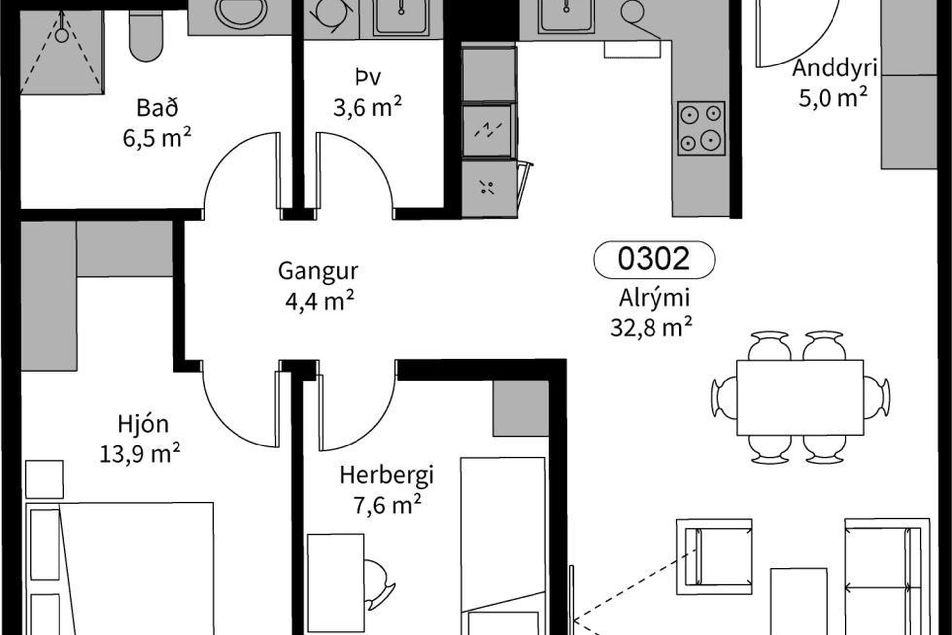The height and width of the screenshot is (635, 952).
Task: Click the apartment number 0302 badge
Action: [x=654, y=259]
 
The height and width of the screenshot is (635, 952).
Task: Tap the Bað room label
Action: [x=157, y=108]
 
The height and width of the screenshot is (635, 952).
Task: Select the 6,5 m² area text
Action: [x=157, y=137]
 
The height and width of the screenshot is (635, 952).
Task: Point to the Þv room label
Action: [x=368, y=78]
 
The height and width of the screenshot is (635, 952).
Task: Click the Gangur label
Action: [x=318, y=271]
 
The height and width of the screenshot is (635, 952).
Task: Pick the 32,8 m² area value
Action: [x=651, y=327]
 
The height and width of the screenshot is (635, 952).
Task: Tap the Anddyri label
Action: [x=835, y=68]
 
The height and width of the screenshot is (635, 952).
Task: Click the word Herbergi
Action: [x=387, y=475]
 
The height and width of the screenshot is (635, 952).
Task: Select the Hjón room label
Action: [x=143, y=424]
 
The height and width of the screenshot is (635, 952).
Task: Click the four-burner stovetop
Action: [x=702, y=128]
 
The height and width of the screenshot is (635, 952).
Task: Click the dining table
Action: [x=800, y=397]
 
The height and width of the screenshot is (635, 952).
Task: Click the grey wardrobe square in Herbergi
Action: [x=521, y=408]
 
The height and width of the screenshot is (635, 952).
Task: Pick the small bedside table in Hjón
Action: [x=45, y=479]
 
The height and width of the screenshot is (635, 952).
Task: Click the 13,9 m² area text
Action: [x=140, y=453]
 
